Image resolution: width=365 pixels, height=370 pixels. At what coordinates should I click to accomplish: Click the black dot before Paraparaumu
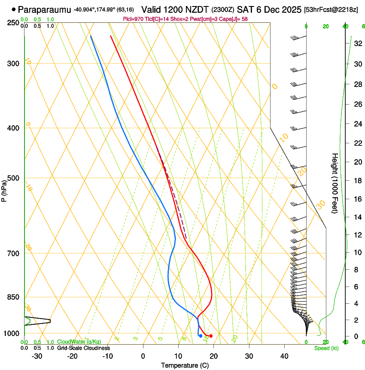pyautogui.click(x=14, y=9)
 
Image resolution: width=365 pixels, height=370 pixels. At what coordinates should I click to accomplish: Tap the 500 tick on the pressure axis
pyautogui.click(x=13, y=178)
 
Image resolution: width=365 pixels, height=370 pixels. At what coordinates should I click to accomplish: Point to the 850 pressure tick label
pyautogui.click(x=13, y=297)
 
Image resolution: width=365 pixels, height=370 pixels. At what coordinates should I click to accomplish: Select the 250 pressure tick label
pyautogui.click(x=13, y=22)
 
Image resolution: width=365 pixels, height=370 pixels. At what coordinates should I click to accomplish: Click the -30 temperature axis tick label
pyautogui.click(x=36, y=356)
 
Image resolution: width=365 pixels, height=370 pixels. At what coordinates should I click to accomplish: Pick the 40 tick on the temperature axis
pyautogui.click(x=284, y=356)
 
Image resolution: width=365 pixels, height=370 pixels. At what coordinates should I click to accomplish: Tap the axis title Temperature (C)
pyautogui.click(x=184, y=365)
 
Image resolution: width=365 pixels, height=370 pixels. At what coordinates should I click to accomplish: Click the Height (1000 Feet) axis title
pyautogui.click(x=335, y=183)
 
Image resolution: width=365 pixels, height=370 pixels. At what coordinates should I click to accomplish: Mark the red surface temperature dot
pyautogui.click(x=210, y=336)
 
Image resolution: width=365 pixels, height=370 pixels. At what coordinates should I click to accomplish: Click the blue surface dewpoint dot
pyautogui.click(x=201, y=336)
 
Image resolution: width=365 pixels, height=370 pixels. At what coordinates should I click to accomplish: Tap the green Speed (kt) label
pyautogui.click(x=326, y=348)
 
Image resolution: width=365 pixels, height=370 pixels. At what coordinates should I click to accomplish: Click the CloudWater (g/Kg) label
pyautogui.click(x=79, y=342)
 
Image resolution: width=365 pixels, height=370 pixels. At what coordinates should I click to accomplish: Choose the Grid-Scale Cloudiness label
pyautogui.click(x=83, y=348)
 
